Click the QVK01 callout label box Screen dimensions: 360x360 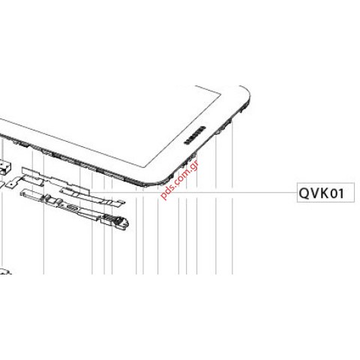click(325, 192)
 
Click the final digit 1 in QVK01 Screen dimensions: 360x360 click(341, 193)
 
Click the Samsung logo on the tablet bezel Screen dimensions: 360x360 click(194, 135)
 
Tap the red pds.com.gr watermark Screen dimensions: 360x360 click(180, 180)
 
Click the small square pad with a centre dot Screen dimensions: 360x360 click(11, 184)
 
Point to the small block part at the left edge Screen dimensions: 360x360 click(5, 166)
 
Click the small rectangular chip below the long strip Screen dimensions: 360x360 click(69, 191)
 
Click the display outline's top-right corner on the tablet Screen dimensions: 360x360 click(221, 94)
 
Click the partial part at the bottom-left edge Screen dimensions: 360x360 click(5, 271)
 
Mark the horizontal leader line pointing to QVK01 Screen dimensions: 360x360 click(193, 192)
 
